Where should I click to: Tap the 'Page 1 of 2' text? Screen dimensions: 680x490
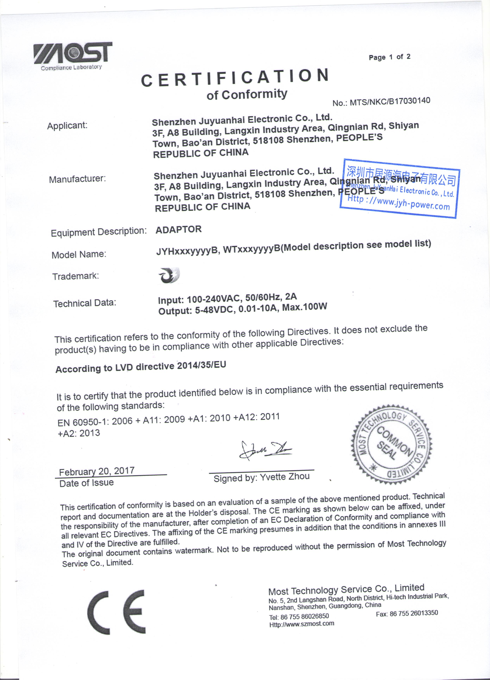pyautogui.click(x=389, y=57)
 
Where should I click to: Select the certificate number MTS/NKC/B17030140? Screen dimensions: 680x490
pyautogui.click(x=390, y=101)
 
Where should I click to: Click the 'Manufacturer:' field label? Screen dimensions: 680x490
pyautogui.click(x=77, y=179)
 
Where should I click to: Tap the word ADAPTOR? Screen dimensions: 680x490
pyautogui.click(x=179, y=229)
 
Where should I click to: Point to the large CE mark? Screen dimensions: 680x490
pyautogui.click(x=116, y=612)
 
